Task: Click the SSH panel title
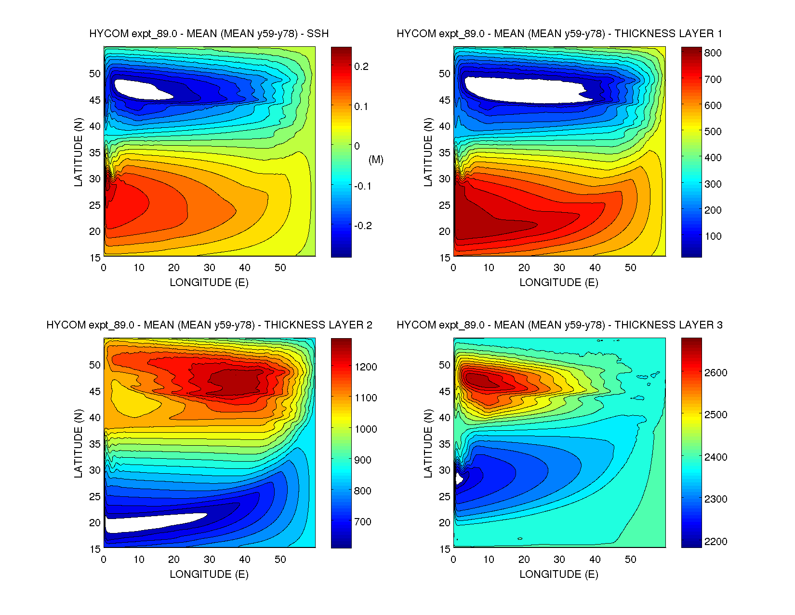[x=209, y=34]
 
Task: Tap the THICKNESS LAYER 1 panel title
[x=559, y=34]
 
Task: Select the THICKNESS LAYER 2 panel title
[x=209, y=325]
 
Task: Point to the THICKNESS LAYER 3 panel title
[x=559, y=325]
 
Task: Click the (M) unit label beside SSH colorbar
[x=376, y=160]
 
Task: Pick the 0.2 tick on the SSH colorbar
[x=361, y=67]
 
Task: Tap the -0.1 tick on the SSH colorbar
[x=363, y=186]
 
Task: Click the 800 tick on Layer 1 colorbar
[x=713, y=53]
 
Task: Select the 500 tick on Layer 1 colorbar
[x=713, y=132]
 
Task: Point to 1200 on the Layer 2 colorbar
[x=366, y=367]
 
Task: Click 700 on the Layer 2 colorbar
[x=363, y=522]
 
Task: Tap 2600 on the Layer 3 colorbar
[x=715, y=373]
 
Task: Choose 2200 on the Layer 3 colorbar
[x=715, y=542]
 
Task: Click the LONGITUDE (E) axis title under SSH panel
[x=209, y=283]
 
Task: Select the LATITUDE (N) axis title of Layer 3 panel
[x=428, y=444]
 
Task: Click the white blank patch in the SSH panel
[x=137, y=88]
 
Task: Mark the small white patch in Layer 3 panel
[x=459, y=478]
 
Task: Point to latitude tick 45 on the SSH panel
[x=95, y=100]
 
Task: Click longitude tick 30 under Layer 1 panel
[x=559, y=268]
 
